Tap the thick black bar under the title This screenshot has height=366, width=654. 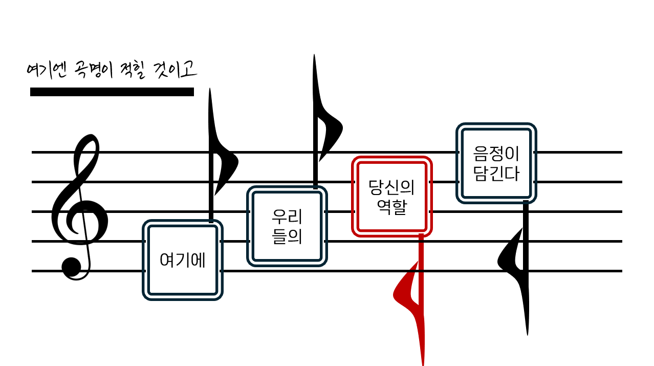[112, 92]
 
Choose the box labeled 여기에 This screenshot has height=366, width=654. [183, 260]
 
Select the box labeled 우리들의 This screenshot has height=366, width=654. [287, 226]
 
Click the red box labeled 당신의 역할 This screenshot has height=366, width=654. [392, 197]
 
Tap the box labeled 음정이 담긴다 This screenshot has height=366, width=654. [496, 163]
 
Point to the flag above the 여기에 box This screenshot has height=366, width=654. [224, 164]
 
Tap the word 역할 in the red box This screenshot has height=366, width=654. [392, 207]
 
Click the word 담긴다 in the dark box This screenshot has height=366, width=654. [496, 174]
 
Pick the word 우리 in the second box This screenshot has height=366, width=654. [287, 217]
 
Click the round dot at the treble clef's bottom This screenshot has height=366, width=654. [71, 267]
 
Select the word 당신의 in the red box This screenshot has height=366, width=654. [392, 187]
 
